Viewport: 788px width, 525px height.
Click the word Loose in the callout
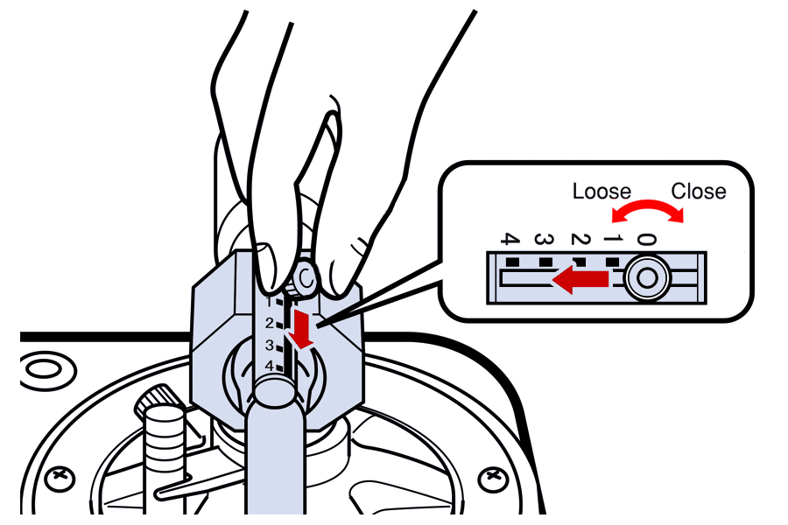(x=602, y=191)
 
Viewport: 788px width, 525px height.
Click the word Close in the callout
(x=698, y=191)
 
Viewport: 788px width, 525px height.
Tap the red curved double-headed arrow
(x=648, y=211)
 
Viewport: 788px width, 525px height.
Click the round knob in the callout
(x=646, y=278)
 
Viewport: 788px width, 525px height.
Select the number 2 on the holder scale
(x=271, y=323)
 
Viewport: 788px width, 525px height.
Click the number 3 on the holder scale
(x=271, y=345)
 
